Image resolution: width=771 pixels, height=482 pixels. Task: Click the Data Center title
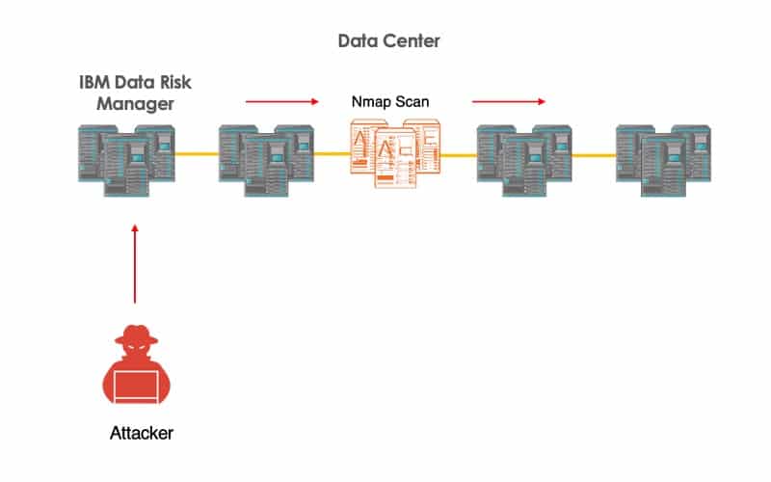(x=389, y=41)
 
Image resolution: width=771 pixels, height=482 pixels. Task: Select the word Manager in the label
(x=133, y=104)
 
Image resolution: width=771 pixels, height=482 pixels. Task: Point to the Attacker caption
(x=141, y=433)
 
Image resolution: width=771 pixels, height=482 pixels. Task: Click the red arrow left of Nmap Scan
(x=281, y=100)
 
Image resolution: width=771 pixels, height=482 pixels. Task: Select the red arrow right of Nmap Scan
(x=508, y=100)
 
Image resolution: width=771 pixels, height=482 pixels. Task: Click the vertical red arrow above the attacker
(x=135, y=262)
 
